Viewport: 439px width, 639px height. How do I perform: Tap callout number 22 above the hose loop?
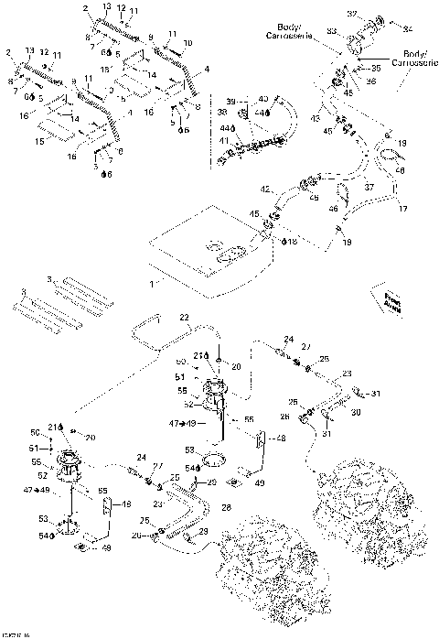coord(184,317)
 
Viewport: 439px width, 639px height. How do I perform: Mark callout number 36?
coord(371,81)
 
